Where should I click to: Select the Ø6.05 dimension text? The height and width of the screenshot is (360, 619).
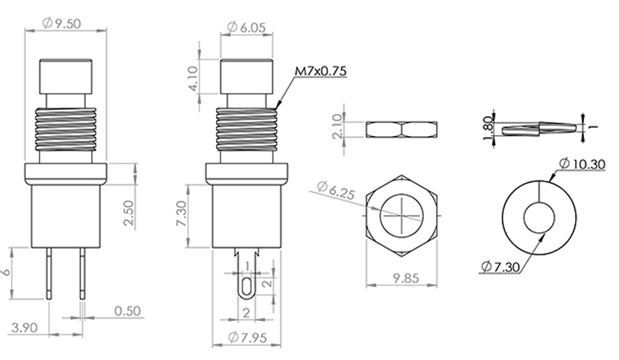[247, 27]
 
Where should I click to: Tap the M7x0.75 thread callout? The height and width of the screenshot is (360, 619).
[321, 71]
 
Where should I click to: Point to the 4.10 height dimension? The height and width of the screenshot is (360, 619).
[193, 79]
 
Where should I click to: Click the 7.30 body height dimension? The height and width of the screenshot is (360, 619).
[181, 213]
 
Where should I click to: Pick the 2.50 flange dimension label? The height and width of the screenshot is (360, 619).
[129, 213]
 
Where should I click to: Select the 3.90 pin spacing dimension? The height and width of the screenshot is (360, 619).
[25, 328]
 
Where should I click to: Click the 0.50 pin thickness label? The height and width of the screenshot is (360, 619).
[128, 311]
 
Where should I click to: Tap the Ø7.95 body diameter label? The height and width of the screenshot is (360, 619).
[248, 338]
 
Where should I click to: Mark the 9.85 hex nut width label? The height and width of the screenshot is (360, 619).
[406, 278]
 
